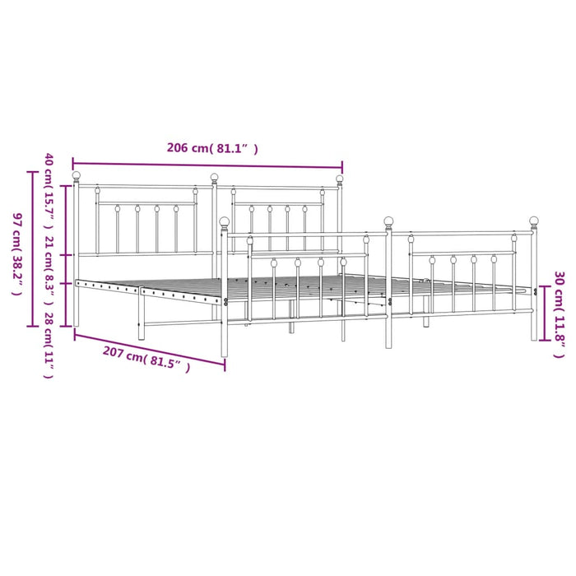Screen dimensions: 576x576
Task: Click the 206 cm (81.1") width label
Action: point(212,148)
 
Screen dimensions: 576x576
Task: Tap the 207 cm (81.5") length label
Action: point(146,359)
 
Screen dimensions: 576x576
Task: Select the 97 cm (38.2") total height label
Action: point(17,254)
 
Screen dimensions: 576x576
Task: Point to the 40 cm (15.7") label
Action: point(49,191)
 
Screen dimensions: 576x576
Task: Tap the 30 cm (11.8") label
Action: point(559,315)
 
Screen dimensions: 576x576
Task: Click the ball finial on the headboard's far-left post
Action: point(76,175)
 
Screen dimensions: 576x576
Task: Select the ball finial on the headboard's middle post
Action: point(215,178)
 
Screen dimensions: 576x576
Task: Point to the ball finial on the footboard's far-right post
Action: point(534,221)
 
